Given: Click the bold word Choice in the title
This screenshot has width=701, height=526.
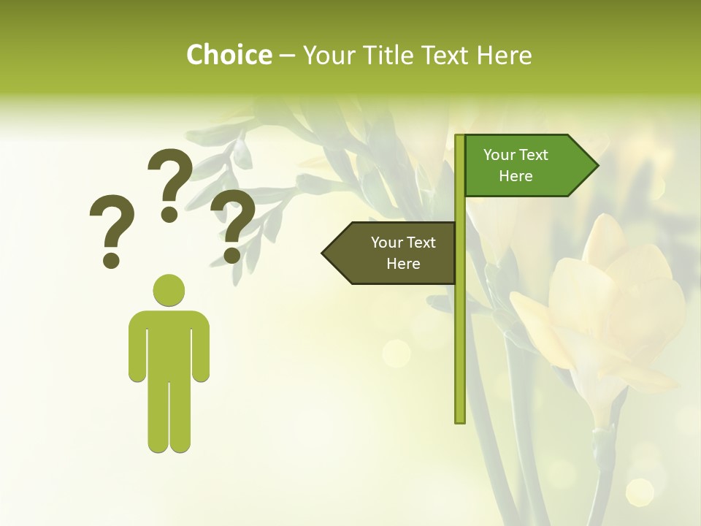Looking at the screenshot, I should (229, 55).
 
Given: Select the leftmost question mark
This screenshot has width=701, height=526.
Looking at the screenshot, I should (112, 230).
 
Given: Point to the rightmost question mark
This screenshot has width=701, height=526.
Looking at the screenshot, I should (233, 225).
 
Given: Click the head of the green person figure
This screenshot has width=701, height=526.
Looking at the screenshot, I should (169, 290).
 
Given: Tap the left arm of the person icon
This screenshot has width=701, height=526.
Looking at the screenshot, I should (137, 347).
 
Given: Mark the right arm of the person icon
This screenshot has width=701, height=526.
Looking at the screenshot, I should (201, 347).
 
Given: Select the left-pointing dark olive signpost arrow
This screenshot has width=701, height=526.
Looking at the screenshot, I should (391, 253).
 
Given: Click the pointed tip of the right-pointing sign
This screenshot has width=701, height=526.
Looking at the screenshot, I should (597, 166).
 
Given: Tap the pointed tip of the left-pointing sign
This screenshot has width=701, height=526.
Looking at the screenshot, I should (324, 253).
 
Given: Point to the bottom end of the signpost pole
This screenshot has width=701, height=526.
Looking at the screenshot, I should (460, 419).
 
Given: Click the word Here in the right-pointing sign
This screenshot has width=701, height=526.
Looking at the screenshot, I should (516, 176).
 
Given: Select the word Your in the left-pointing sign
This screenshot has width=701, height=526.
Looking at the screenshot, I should (387, 243).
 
